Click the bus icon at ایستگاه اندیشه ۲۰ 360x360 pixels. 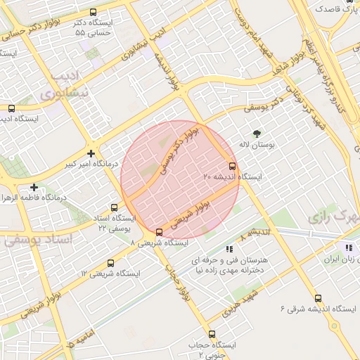click(x=233, y=167)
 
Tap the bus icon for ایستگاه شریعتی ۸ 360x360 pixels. click(x=159, y=231)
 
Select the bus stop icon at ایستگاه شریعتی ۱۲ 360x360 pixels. click(x=110, y=263)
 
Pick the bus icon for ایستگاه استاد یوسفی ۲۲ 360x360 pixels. click(x=114, y=207)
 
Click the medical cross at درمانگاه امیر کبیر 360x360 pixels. click(x=91, y=153)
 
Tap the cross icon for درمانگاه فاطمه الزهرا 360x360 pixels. click(x=34, y=187)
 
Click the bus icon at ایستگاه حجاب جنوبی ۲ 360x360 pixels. click(x=212, y=335)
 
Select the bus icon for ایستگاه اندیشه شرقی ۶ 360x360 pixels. click(x=318, y=298)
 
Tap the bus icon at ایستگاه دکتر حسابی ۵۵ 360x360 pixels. click(x=94, y=12)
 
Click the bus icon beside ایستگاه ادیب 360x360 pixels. click(x=11, y=108)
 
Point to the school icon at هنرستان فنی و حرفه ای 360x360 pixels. click(x=229, y=249)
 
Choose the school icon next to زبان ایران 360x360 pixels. click(x=348, y=247)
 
